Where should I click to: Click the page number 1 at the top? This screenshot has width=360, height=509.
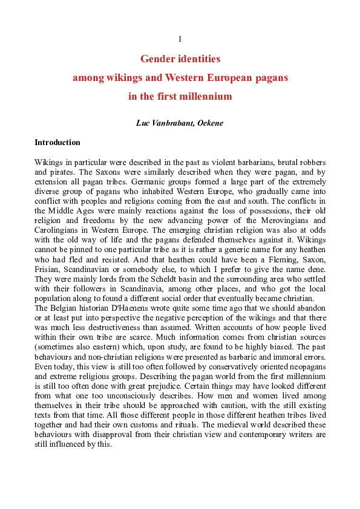[x=180, y=39]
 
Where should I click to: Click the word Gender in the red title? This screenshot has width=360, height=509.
[x=156, y=59]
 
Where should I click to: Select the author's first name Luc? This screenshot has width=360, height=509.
[x=143, y=123]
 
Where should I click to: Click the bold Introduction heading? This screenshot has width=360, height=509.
[x=57, y=143]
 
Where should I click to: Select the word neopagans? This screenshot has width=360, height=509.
[x=307, y=379]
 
